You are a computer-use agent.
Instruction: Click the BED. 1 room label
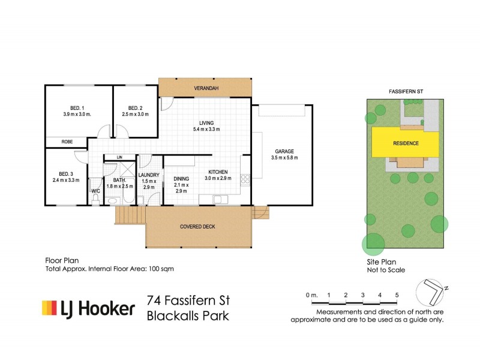(x=76, y=107)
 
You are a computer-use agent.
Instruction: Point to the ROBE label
(x=67, y=142)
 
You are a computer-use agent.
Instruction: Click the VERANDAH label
(x=205, y=89)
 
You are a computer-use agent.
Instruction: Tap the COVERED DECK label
(x=197, y=227)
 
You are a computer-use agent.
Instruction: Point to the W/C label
(x=95, y=192)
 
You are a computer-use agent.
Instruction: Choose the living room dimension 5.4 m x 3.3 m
(x=205, y=129)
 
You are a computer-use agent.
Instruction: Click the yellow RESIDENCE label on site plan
(x=406, y=144)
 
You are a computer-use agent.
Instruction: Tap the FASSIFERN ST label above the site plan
(x=406, y=90)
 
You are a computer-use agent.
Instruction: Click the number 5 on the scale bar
(x=397, y=295)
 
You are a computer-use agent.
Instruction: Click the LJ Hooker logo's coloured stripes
(x=48, y=308)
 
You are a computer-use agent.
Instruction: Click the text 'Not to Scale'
(x=385, y=270)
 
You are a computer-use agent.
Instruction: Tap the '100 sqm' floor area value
(x=162, y=269)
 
